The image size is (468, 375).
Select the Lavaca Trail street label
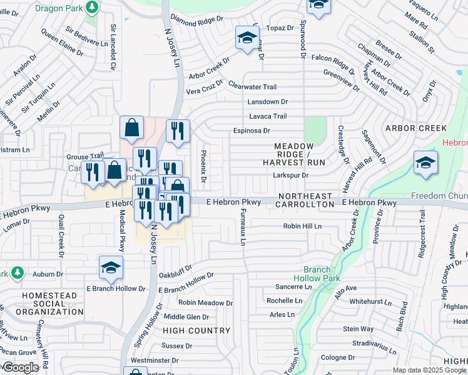pos(268,116)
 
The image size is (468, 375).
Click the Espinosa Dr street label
pos(252,131)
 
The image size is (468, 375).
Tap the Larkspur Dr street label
pos(291,176)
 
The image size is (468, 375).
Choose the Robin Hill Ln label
pos(302,226)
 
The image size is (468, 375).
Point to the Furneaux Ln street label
pos(243,227)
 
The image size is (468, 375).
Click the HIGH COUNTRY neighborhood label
pos(197,330)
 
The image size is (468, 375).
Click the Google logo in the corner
pos(20,367)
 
